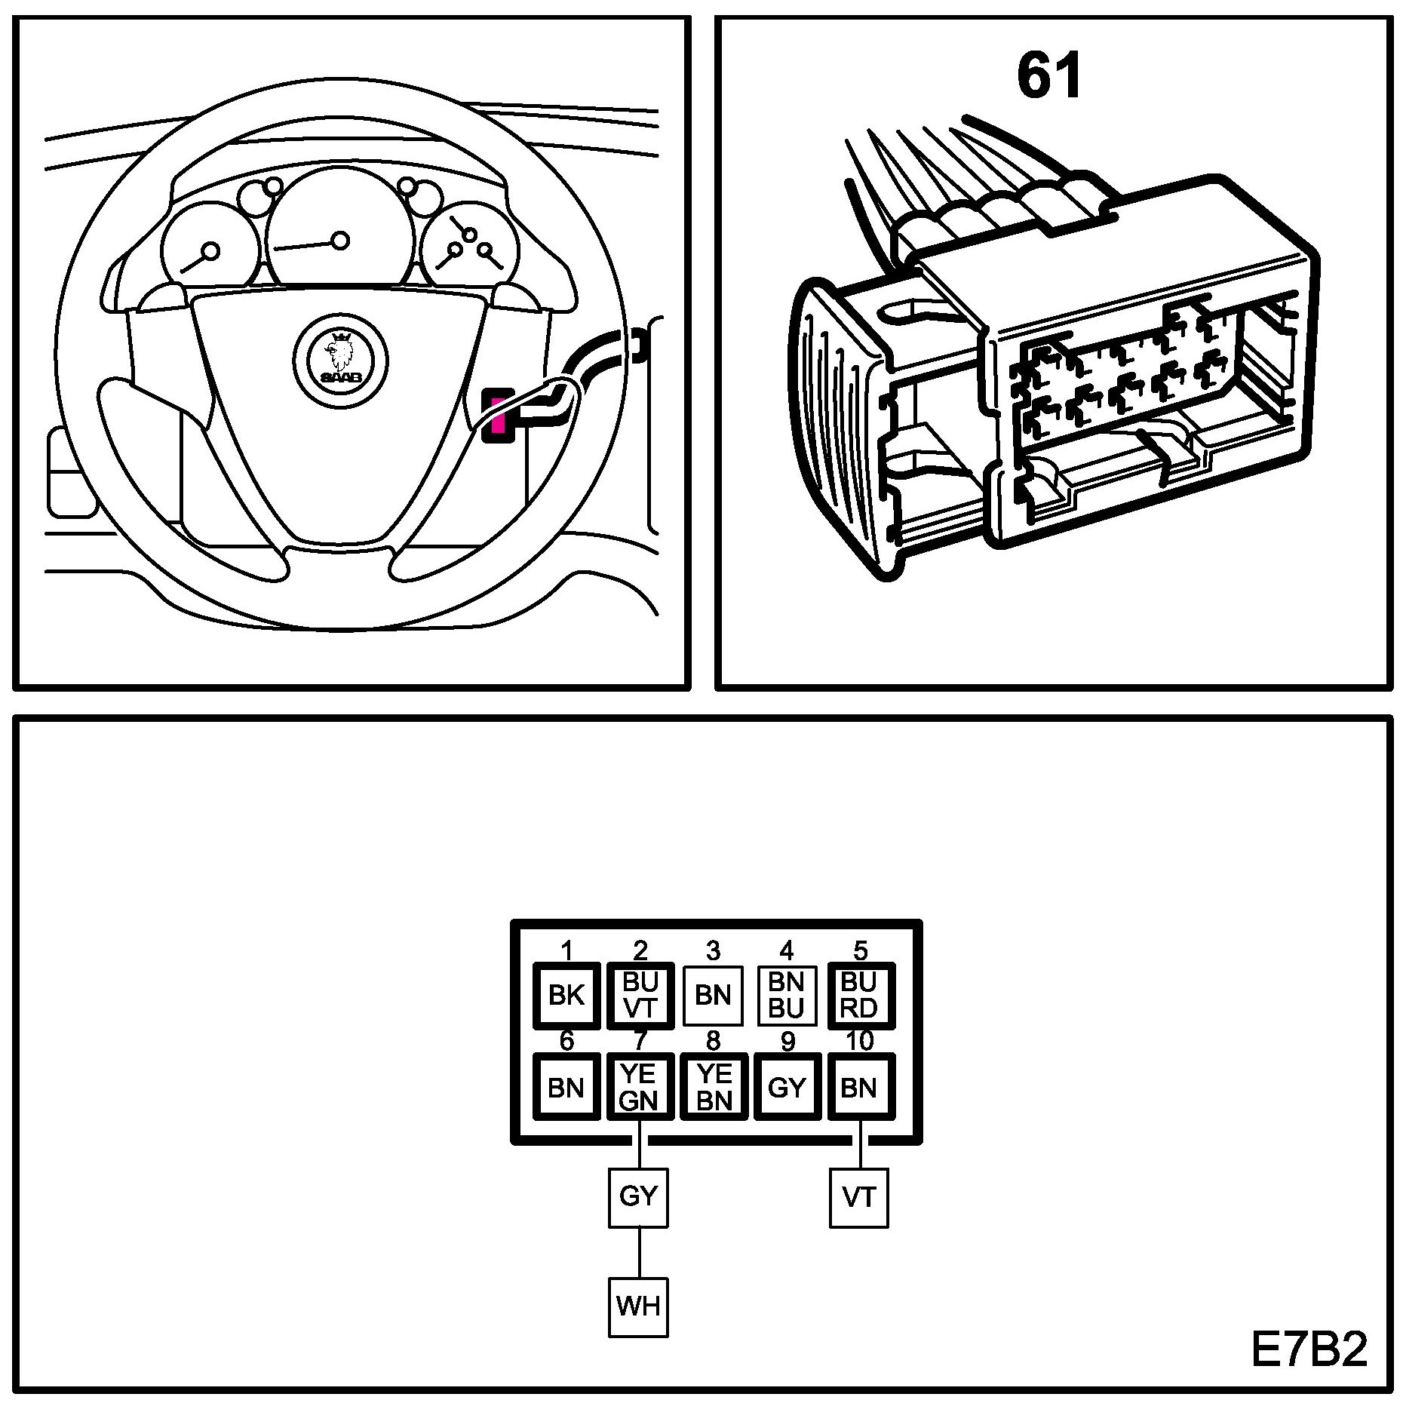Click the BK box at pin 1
[x=566, y=996]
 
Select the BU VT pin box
[x=640, y=996]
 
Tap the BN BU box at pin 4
[x=787, y=996]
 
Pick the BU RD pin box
[x=860, y=996]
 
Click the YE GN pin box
[x=640, y=1087]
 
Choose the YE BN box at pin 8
[x=714, y=1087]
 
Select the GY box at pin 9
[x=787, y=1087]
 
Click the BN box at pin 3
[x=713, y=996]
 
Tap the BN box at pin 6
[x=566, y=1087]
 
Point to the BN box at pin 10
[x=860, y=1087]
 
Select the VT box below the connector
[x=859, y=1198]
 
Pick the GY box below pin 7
[x=638, y=1198]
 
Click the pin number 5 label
[x=860, y=950]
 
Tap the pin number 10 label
[x=859, y=1041]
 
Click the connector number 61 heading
[x=1049, y=77]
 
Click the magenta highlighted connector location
[x=497, y=416]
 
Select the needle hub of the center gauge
[x=341, y=241]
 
